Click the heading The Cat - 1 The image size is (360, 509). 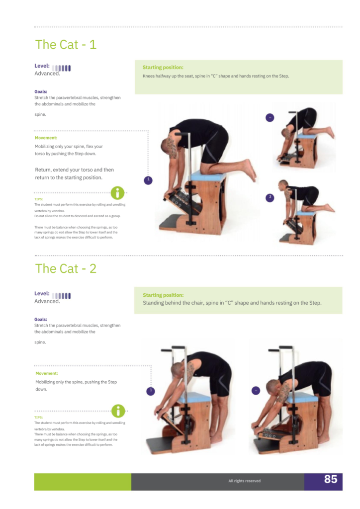point(66,44)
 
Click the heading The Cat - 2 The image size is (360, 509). point(66,268)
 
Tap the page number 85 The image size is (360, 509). point(331,479)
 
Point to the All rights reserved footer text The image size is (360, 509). point(245,481)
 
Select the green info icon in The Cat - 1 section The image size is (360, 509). point(117,193)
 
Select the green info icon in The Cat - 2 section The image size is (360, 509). point(118,411)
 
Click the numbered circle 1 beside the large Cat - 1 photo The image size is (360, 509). point(148,180)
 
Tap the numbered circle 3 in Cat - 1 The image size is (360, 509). point(270,198)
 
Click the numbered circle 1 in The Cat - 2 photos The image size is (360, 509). point(151,391)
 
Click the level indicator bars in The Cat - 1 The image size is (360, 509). point(61,68)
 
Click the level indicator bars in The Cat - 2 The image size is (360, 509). point(61,296)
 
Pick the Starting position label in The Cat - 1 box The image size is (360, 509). point(163,68)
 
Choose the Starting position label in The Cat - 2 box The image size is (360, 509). point(163,295)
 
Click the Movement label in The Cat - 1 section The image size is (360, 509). point(46,138)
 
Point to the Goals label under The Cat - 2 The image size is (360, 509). point(41,320)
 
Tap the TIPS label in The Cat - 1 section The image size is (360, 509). point(39,199)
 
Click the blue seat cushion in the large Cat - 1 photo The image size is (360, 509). point(208,177)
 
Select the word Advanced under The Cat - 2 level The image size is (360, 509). point(47,301)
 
